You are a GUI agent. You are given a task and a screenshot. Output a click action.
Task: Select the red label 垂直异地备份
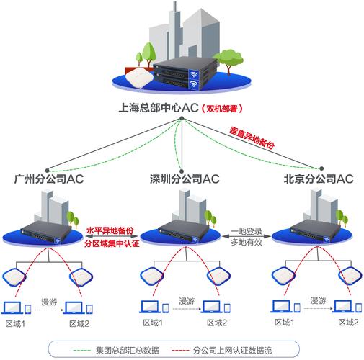pos(252,138)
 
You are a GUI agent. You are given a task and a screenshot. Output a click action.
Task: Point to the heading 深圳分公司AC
pos(184,178)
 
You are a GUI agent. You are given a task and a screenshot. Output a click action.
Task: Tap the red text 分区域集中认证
pos(111,245)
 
